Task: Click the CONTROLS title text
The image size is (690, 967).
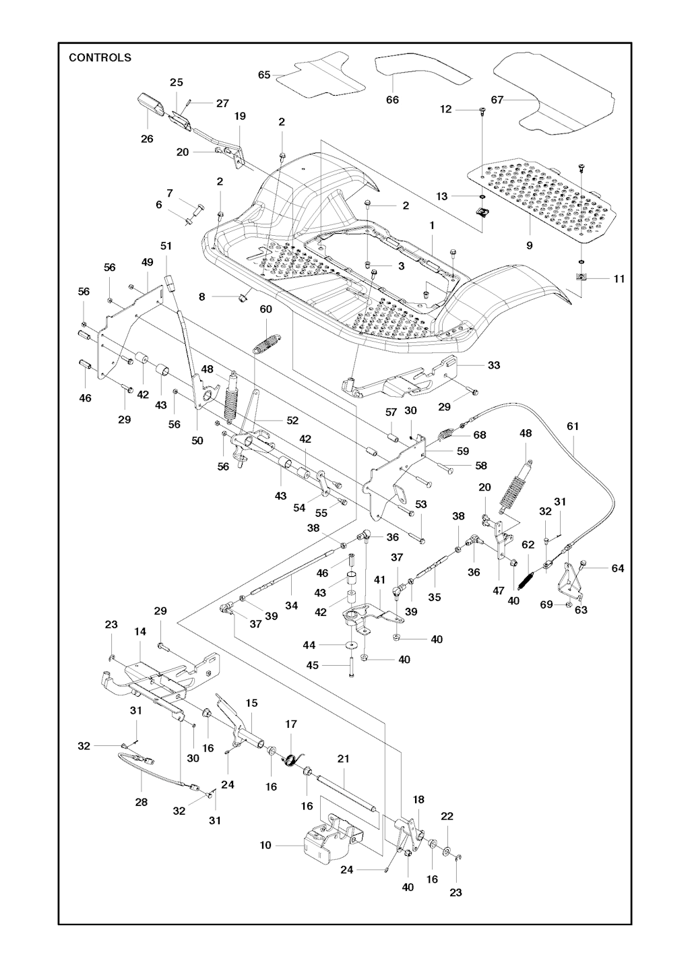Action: [100, 57]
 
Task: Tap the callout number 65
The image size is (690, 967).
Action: [264, 75]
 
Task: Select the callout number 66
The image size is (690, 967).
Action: [392, 100]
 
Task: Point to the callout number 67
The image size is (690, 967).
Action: [497, 100]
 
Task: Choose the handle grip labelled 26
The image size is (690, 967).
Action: [152, 106]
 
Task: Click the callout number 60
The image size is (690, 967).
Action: [266, 309]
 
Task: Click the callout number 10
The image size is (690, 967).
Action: [265, 845]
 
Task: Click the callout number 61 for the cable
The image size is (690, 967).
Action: [573, 427]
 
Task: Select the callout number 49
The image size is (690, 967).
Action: [148, 261]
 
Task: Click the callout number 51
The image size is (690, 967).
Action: [166, 246]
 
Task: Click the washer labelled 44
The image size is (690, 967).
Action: [351, 645]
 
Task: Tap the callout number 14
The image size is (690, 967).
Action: [140, 631]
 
